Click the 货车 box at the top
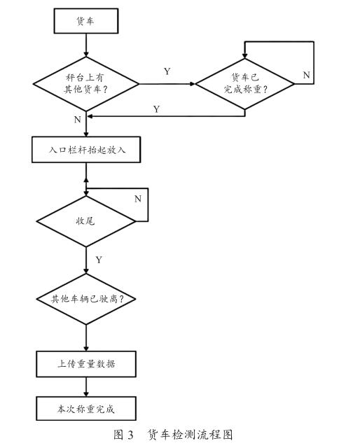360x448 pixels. [x=86, y=21]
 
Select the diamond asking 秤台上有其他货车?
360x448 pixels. [x=86, y=84]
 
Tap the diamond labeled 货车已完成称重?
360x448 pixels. [x=244, y=84]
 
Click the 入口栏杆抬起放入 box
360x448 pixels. [x=86, y=150]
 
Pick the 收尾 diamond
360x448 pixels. [x=86, y=221]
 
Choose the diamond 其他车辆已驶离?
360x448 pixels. [x=86, y=299]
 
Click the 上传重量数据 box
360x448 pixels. [x=86, y=364]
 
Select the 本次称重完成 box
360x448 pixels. [x=86, y=409]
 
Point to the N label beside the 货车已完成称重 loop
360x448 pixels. [x=306, y=75]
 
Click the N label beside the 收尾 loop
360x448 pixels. [x=138, y=199]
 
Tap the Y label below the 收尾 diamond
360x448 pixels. [x=99, y=260]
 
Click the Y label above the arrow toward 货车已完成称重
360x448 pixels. [x=167, y=71]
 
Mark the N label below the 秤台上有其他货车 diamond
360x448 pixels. [x=78, y=120]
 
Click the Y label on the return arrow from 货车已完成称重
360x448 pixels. [x=156, y=109]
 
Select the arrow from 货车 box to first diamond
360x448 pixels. [x=86, y=45]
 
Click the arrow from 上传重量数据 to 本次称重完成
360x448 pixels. [x=86, y=387]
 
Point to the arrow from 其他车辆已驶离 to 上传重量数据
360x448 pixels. [x=86, y=338]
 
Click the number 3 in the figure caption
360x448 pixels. [x=130, y=435]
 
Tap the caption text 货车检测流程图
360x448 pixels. [x=190, y=435]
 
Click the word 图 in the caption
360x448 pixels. [x=118, y=435]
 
